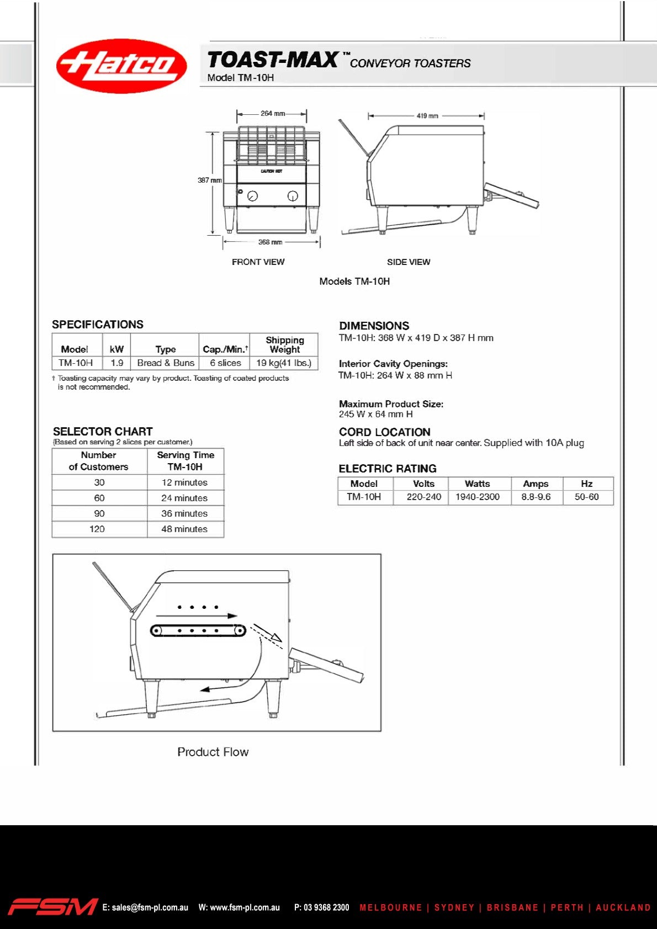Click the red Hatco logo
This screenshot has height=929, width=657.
pyautogui.click(x=121, y=65)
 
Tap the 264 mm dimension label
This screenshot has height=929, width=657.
pyautogui.click(x=273, y=114)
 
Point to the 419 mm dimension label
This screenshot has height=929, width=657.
pyautogui.click(x=427, y=116)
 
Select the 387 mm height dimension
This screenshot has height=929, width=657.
pyautogui.click(x=209, y=181)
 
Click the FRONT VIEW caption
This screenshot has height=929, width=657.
pyautogui.click(x=258, y=262)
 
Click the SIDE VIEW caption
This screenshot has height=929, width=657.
pyautogui.click(x=409, y=262)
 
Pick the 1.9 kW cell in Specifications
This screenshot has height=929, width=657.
pyautogui.click(x=116, y=363)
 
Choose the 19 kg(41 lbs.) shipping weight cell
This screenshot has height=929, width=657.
pyautogui.click(x=284, y=363)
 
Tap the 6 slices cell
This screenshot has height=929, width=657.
pyautogui.click(x=225, y=363)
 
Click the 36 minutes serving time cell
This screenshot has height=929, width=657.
pyautogui.click(x=184, y=513)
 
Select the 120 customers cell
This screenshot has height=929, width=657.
pyautogui.click(x=97, y=529)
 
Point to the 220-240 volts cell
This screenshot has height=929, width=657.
pyautogui.click(x=424, y=497)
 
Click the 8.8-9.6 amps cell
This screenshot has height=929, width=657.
pyautogui.click(x=536, y=497)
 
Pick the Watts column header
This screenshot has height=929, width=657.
pyautogui.click(x=477, y=484)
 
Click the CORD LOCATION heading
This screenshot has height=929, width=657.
pyautogui.click(x=384, y=432)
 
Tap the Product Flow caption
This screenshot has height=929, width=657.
pyautogui.click(x=213, y=752)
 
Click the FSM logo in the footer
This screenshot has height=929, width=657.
pyautogui.click(x=52, y=907)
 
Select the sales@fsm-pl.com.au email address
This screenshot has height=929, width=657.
pyautogui.click(x=145, y=907)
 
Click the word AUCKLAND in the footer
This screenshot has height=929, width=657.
pyautogui.click(x=623, y=907)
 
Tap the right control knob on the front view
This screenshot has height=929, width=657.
pyautogui.click(x=293, y=196)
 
